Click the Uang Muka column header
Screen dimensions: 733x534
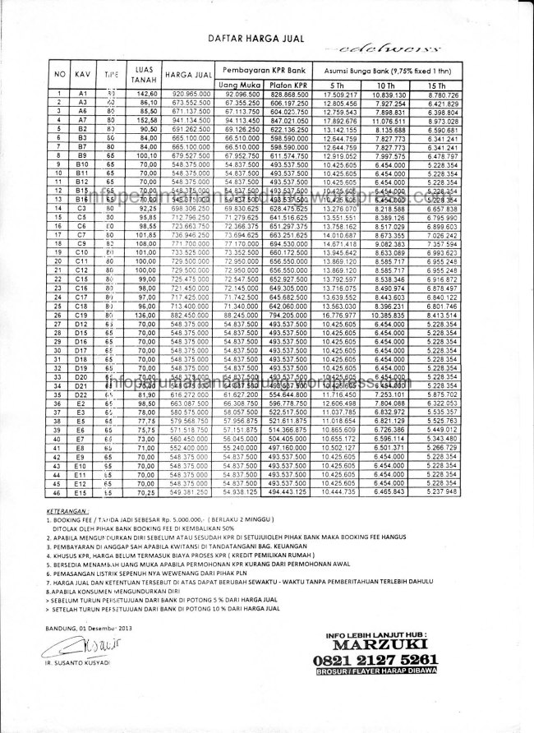click(x=241, y=85)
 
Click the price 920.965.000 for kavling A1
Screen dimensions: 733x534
click(x=188, y=96)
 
